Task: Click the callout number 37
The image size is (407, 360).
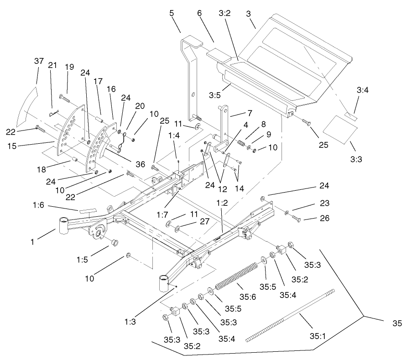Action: click(x=40, y=61)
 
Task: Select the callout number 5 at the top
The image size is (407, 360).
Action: click(x=172, y=13)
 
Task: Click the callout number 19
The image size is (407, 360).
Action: click(x=69, y=67)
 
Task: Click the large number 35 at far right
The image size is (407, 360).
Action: click(x=397, y=323)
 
